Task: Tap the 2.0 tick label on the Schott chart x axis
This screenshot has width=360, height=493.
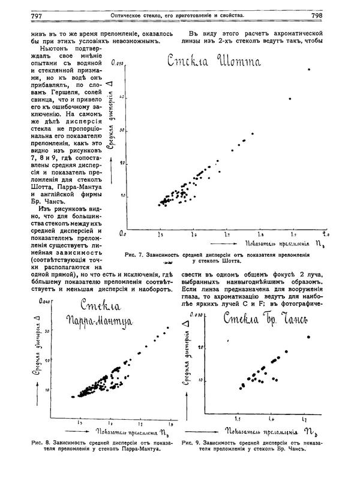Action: click(326, 232)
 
